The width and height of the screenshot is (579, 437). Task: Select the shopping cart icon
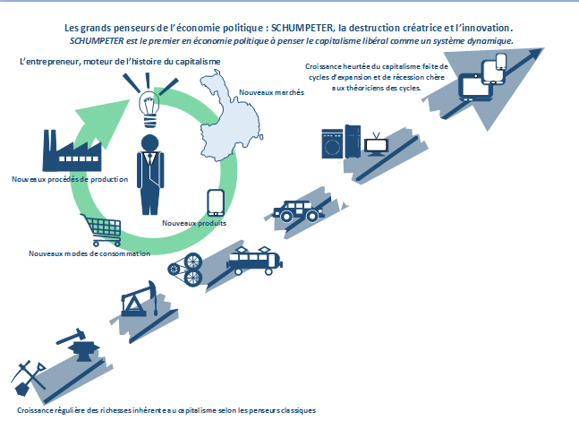point(102,230)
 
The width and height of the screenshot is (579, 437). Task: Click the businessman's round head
point(150,143)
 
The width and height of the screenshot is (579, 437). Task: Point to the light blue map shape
point(229,118)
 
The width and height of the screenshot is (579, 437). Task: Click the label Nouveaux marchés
point(271,92)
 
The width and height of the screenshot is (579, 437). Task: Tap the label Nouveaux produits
point(194,223)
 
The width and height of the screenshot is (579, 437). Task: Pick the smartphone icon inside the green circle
point(216,202)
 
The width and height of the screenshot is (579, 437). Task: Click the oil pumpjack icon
point(140,299)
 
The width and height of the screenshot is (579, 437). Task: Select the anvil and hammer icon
point(78,345)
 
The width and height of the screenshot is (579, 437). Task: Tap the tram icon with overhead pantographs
point(254,261)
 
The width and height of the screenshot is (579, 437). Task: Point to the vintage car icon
point(299,211)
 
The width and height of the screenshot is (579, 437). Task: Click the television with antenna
point(376,144)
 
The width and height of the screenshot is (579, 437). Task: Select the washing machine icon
point(332,143)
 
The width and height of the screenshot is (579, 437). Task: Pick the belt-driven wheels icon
point(186,270)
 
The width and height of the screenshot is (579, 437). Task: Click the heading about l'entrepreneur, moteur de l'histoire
point(120,62)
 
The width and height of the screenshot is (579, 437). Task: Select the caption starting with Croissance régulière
point(166,410)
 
